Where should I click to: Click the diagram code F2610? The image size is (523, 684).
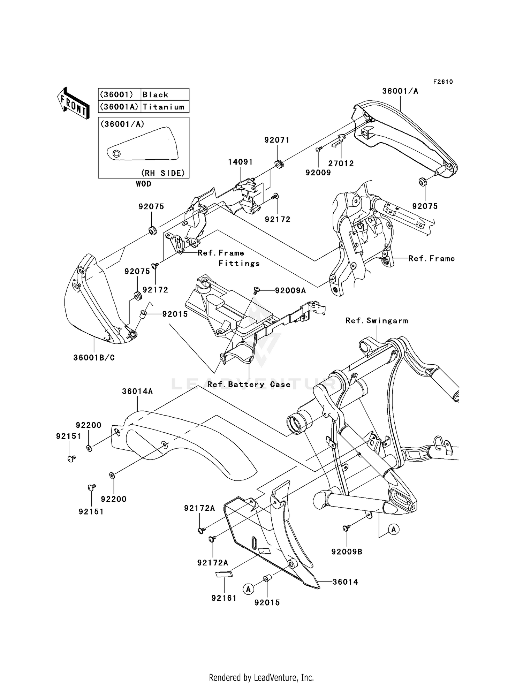pyautogui.click(x=443, y=82)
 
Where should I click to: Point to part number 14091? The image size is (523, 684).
pyautogui.click(x=240, y=162)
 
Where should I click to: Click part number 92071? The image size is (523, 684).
pyautogui.click(x=277, y=140)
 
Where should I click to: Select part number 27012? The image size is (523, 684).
pyautogui.click(x=341, y=164)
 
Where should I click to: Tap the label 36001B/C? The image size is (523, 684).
pyautogui.click(x=94, y=358)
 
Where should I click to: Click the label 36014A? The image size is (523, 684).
pyautogui.click(x=137, y=392)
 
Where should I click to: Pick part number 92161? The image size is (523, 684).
pyautogui.click(x=224, y=598)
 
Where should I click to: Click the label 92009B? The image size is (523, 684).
pyautogui.click(x=347, y=552)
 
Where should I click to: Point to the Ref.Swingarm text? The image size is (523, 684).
pyautogui.click(x=377, y=321)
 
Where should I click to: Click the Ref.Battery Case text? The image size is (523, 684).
pyautogui.click(x=249, y=385)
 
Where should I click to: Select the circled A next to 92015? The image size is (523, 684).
pyautogui.click(x=248, y=590)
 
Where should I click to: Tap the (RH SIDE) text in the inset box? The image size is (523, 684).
pyautogui.click(x=162, y=173)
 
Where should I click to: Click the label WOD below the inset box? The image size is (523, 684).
pyautogui.click(x=143, y=184)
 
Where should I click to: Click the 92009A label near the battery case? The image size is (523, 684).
pyautogui.click(x=290, y=290)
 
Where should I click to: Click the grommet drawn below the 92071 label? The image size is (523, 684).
pyautogui.click(x=279, y=164)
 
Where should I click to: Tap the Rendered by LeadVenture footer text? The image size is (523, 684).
pyautogui.click(x=261, y=677)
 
